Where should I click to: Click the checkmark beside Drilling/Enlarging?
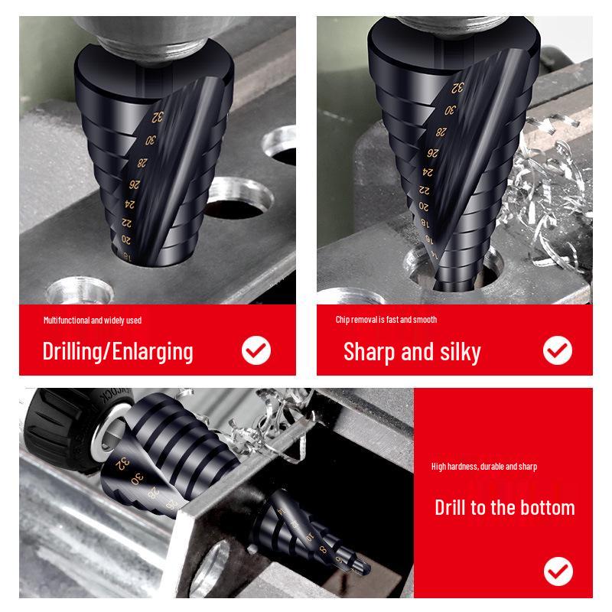point(256,351)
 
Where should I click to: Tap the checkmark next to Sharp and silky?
point(558,351)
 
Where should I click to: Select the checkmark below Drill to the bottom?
point(558,571)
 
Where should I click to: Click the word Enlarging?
point(152,352)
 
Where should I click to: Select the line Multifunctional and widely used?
point(93,320)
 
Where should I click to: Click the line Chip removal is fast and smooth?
point(386,320)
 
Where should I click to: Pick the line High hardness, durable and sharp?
point(484,467)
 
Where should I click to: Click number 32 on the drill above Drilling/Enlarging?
point(158,117)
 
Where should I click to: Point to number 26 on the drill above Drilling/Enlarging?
point(135,184)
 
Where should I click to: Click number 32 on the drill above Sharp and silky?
point(457,89)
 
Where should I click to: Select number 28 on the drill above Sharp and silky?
point(441,132)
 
